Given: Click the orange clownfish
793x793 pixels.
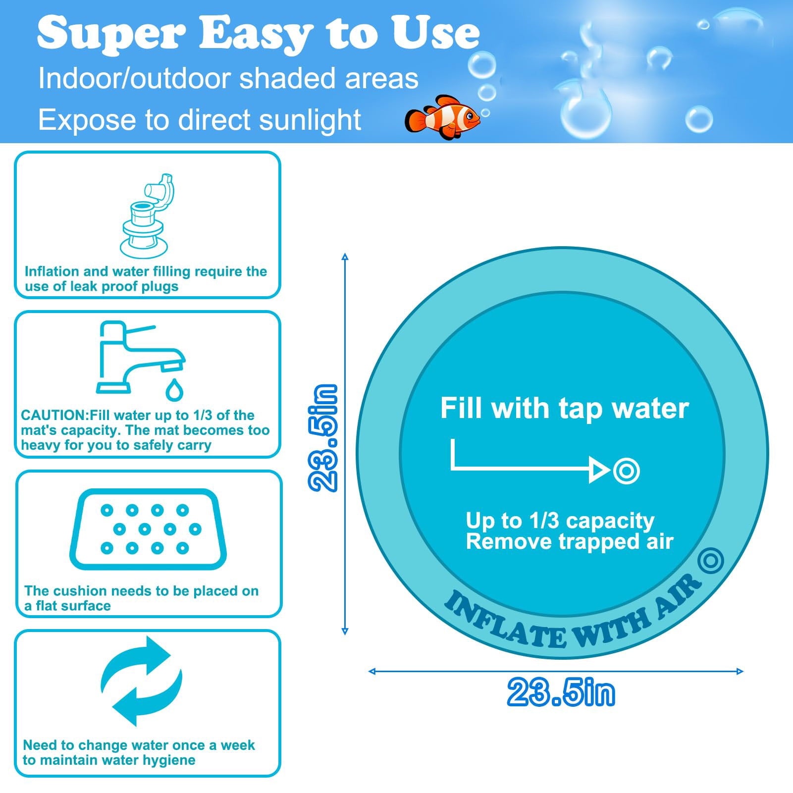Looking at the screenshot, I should pos(442,117).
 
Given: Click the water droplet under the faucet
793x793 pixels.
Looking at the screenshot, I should pos(174,390).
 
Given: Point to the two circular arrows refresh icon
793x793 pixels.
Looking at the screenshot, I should pos(142,681).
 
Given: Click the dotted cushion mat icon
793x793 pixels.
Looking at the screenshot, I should pos(147,529).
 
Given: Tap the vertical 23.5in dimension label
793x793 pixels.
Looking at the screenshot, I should pos(323,438).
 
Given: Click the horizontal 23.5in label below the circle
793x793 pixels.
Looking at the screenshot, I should pos(561,692).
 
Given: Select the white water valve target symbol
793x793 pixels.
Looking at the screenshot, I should pos(626,471).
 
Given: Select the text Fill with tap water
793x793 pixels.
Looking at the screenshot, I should pos(564,409).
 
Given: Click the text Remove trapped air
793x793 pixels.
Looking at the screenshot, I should pos(569,541).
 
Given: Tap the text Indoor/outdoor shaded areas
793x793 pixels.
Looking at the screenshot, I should pos(228,78).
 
